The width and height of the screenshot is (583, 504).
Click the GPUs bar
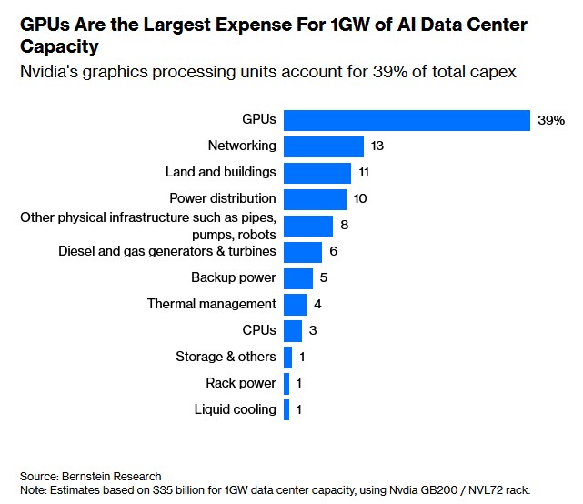tap(407, 120)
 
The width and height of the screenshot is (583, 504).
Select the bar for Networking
tap(324, 146)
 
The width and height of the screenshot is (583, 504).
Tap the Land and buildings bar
tap(317, 173)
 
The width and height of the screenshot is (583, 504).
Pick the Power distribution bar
tap(315, 199)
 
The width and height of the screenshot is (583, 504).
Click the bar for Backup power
tap(298, 278)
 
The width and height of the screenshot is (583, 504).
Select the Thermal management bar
tap(295, 305)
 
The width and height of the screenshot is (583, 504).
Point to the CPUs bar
tap(293, 331)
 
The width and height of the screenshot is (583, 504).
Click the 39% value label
tap(550, 120)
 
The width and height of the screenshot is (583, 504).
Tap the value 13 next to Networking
tap(378, 146)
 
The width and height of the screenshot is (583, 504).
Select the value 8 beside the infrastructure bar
tap(345, 226)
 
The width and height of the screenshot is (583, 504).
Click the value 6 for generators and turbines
tap(334, 252)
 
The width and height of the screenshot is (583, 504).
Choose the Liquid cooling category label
tap(235, 409)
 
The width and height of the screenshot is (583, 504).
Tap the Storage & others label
tap(226, 357)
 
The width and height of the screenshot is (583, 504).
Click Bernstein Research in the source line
tap(112, 476)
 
